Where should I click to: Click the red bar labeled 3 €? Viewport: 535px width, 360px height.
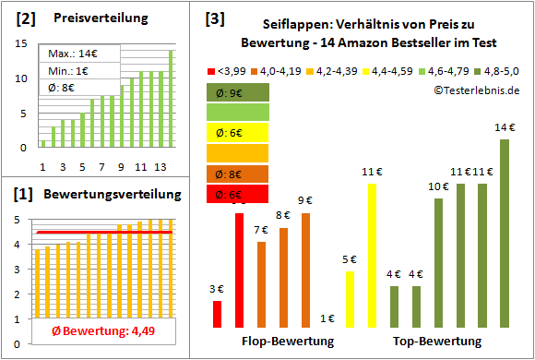coord(218,314)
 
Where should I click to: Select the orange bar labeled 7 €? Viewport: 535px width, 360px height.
coord(261,284)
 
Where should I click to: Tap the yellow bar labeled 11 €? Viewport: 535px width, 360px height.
coord(372,255)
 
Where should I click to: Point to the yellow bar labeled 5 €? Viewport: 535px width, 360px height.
coord(350,299)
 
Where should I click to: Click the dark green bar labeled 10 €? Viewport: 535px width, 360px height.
coord(438,262)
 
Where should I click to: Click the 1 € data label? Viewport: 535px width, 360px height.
coord(327,318)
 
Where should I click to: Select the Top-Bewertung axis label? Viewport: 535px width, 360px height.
coord(436,342)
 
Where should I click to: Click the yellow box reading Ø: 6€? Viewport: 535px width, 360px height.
coord(237,132)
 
